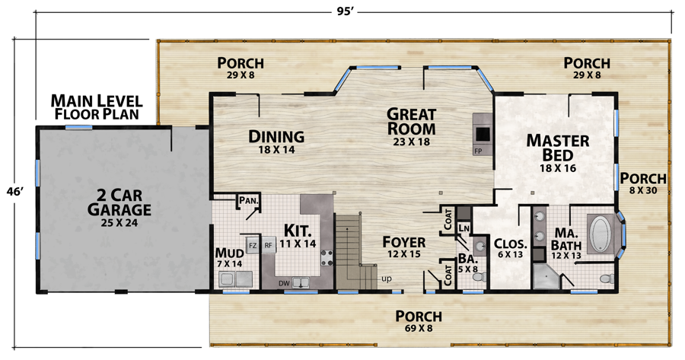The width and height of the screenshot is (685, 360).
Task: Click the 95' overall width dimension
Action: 345,11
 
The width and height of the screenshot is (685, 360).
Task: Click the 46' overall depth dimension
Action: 14,191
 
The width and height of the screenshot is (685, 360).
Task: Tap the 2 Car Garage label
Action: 119,202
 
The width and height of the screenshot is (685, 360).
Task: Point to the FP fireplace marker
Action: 478,151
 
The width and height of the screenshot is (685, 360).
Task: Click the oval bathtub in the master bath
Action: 601,234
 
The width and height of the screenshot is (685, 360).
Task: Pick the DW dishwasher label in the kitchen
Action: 284,283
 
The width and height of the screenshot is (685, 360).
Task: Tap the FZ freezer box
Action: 253,246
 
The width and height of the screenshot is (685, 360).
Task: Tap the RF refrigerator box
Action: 268,246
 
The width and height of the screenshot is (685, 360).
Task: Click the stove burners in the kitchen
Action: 327,258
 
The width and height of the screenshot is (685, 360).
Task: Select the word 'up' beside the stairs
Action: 386,279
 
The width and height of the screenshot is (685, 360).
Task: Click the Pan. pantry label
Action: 249,201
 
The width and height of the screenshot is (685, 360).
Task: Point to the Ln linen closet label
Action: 464,228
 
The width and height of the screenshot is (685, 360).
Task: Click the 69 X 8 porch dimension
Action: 419,328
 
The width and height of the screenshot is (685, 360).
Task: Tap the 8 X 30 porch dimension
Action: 643,190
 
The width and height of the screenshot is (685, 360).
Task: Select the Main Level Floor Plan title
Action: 97,107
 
